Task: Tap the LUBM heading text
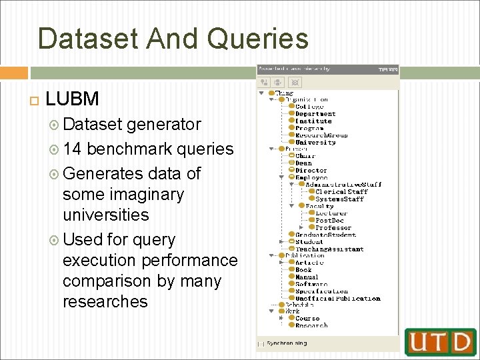pyautogui.click(x=72, y=99)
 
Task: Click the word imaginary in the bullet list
pyautogui.click(x=123, y=194)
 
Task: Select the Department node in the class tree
pyautogui.click(x=315, y=114)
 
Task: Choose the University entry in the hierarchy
pyautogui.click(x=315, y=142)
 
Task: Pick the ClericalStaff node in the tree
pyautogui.click(x=341, y=192)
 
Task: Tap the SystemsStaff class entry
pyautogui.click(x=339, y=199)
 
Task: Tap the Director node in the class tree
pyautogui.click(x=311, y=171)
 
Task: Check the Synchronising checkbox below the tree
pyautogui.click(x=261, y=344)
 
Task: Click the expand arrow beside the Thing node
pyautogui.click(x=261, y=93)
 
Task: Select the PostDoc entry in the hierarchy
pyautogui.click(x=329, y=220)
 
